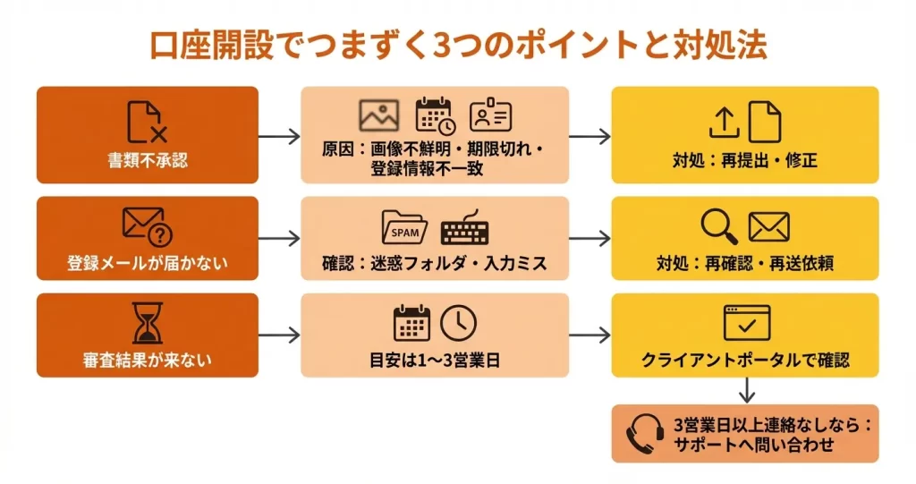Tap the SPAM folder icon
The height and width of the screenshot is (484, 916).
[x=404, y=228]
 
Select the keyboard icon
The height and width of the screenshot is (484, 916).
[x=464, y=229]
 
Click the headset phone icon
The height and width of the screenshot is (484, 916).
[x=644, y=434]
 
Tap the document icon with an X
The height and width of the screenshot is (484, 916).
[x=147, y=123]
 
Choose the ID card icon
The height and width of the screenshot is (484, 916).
[x=490, y=116]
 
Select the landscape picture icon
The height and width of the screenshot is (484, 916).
[x=378, y=116]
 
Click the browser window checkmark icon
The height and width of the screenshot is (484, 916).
[x=746, y=323]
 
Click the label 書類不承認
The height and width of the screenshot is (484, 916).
[x=148, y=162]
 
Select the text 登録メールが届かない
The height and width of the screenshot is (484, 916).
[x=148, y=264]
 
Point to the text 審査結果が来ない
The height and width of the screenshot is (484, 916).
[x=148, y=361]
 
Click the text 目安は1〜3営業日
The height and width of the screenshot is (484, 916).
[x=434, y=361]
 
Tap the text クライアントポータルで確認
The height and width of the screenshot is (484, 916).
[x=745, y=361]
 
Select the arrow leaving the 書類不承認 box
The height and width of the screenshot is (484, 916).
[x=279, y=136]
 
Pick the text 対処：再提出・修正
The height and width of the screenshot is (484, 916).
[x=745, y=162]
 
